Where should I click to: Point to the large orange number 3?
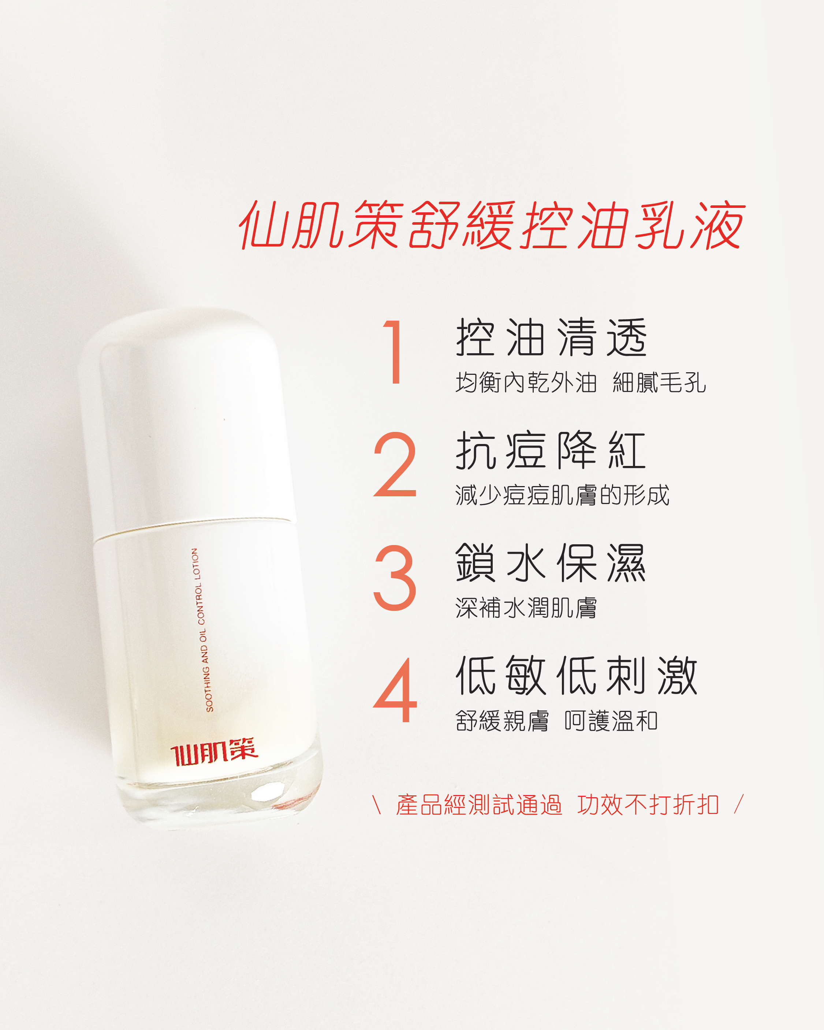click(395, 577)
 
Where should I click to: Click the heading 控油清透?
click(552, 337)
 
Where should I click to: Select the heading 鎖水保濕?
click(551, 563)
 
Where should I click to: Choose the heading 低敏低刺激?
click(577, 676)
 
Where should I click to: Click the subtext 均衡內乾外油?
click(526, 382)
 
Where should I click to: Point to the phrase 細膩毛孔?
click(659, 382)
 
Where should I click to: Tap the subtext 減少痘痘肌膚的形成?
click(562, 495)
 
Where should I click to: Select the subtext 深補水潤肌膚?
click(526, 608)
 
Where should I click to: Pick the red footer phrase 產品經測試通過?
click(479, 805)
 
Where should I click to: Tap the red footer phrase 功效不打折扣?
click(648, 805)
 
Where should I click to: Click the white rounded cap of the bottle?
click(186, 421)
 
